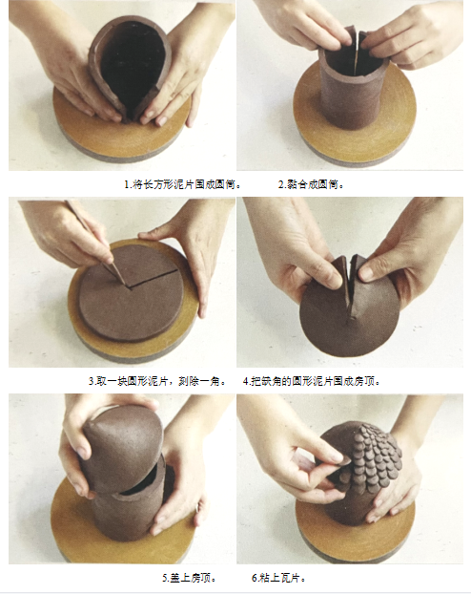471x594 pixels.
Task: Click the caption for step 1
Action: (x=183, y=185)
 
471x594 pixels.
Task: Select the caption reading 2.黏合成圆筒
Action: (x=311, y=185)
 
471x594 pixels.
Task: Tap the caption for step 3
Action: (x=157, y=381)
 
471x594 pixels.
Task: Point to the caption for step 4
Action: (x=312, y=381)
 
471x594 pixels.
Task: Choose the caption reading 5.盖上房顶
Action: (x=190, y=578)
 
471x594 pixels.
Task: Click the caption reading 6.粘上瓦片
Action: (x=278, y=578)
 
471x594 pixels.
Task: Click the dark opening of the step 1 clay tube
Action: (x=133, y=64)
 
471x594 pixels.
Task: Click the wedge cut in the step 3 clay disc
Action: (x=154, y=278)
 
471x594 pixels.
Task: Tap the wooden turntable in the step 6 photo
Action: (x=356, y=538)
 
